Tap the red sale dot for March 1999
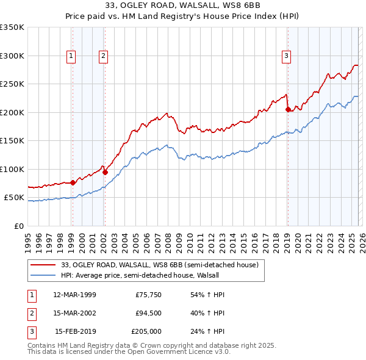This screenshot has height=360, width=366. (73, 182)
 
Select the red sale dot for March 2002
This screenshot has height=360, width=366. (105, 172)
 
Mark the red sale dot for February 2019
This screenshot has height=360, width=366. (287, 110)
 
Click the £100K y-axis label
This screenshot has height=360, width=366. (12, 169)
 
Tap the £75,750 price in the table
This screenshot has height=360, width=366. (146, 295)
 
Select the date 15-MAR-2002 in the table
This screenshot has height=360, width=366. (74, 314)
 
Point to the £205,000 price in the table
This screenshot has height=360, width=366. (146, 332)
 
